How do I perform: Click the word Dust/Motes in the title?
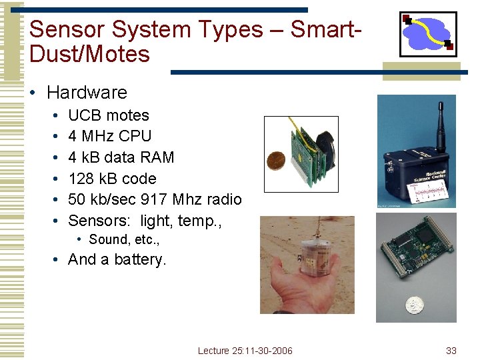(x=90, y=54)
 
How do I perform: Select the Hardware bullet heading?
(x=87, y=93)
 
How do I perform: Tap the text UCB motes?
(x=109, y=115)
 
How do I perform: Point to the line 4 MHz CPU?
(x=110, y=136)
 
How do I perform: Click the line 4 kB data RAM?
(x=121, y=157)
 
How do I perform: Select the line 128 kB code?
(x=112, y=179)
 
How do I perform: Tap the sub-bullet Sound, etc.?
(x=124, y=239)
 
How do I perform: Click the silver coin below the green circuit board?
(x=415, y=306)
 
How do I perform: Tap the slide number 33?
(x=451, y=351)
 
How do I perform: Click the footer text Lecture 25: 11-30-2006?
(x=245, y=351)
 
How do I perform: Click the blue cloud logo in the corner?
(x=427, y=33)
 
